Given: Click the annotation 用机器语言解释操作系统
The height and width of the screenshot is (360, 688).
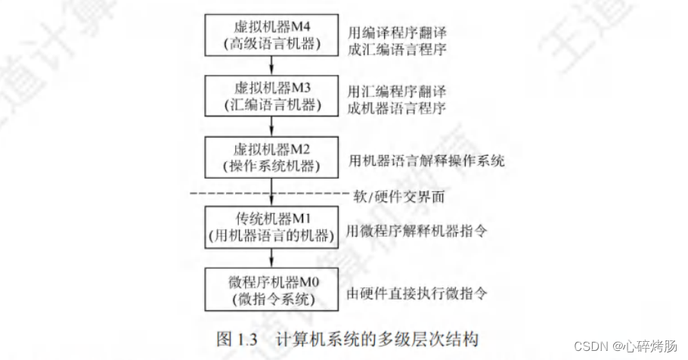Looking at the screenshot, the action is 426,160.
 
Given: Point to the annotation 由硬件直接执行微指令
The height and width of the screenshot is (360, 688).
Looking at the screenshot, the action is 415,292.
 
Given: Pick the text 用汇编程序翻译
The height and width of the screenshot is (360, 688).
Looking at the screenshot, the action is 396,91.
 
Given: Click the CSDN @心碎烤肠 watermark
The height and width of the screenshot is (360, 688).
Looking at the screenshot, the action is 624,346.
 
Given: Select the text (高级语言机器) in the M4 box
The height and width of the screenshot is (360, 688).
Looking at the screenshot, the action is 271,44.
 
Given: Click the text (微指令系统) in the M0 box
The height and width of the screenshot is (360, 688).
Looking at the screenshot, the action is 271,300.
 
